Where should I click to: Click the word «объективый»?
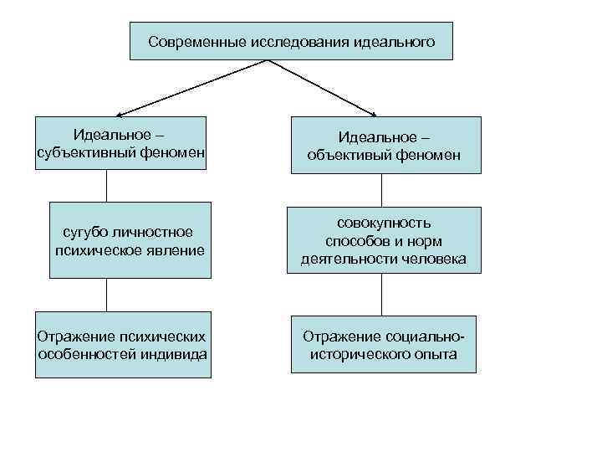pyautogui.click(x=349, y=155)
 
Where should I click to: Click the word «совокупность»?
pyautogui.click(x=385, y=223)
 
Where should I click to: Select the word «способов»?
pyautogui.click(x=357, y=241)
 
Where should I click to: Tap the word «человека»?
pyautogui.click(x=431, y=259)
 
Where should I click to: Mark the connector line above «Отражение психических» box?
pyautogui.click(x=106, y=295)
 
